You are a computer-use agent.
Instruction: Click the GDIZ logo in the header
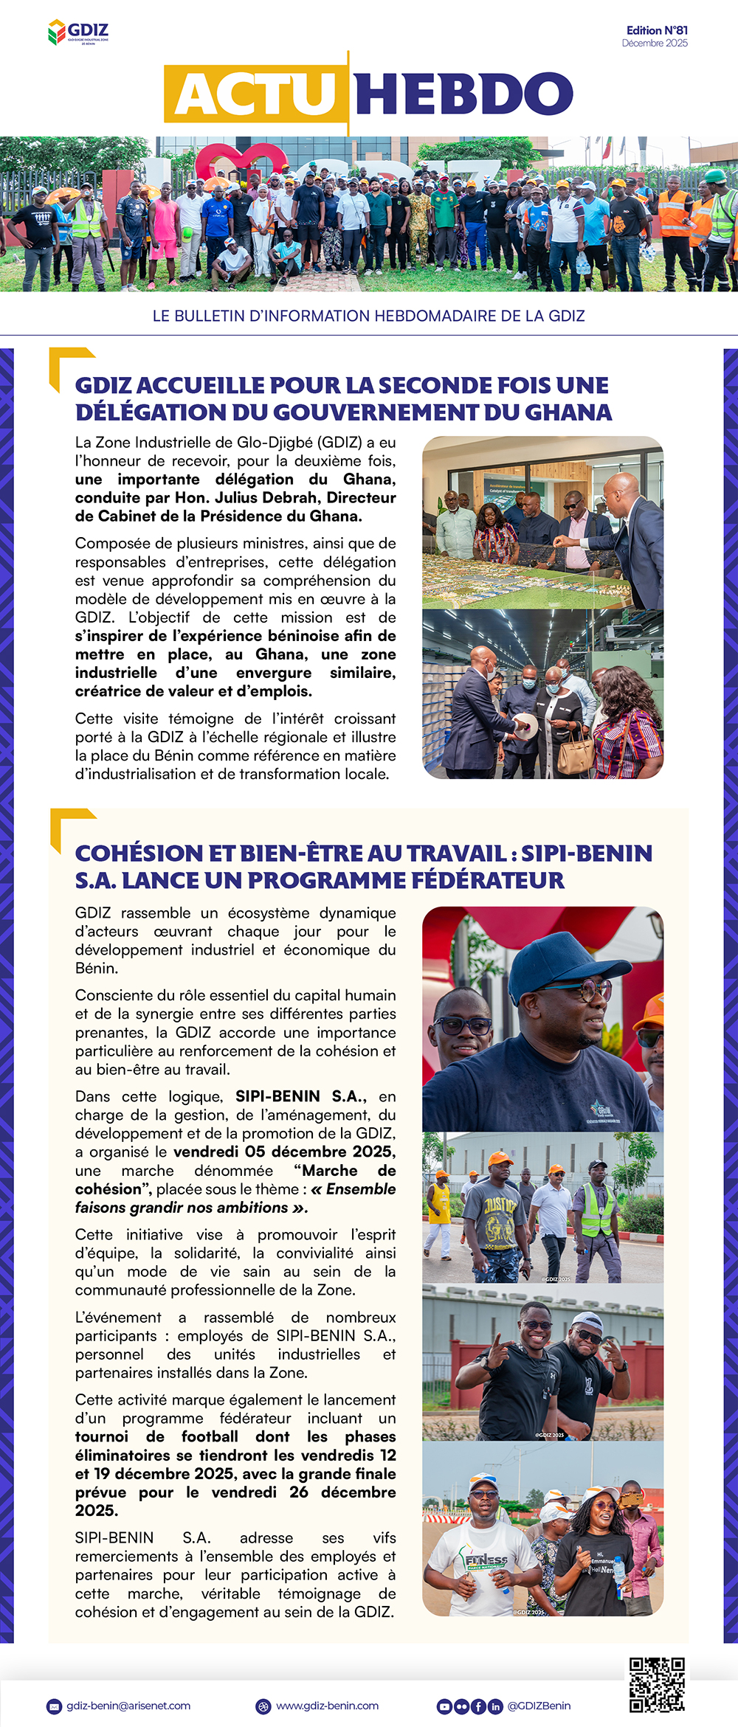[78, 32]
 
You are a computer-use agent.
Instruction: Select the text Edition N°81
[657, 30]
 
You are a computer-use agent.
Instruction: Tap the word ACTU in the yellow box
[255, 94]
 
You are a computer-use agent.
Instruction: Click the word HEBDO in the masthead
[463, 94]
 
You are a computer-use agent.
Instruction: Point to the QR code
[657, 1685]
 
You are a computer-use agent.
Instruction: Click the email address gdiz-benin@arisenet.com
[128, 1706]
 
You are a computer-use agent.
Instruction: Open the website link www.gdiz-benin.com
[327, 1706]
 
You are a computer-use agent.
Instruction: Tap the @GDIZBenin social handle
[539, 1706]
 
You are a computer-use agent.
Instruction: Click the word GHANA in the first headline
[568, 412]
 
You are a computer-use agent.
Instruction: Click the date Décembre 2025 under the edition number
[655, 44]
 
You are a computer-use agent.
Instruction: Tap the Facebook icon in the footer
[478, 1706]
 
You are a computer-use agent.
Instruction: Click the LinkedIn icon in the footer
[494, 1706]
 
